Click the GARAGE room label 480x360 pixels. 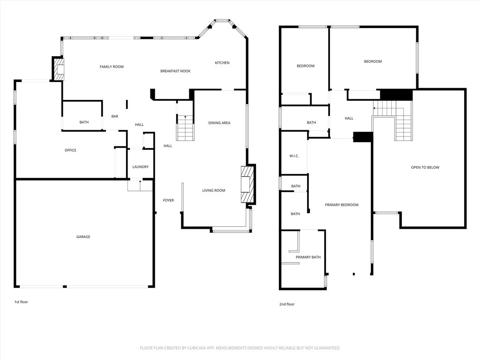(x=83, y=237)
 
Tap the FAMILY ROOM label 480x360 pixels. (x=112, y=67)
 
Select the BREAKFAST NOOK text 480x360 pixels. (x=175, y=71)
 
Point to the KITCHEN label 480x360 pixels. (x=222, y=63)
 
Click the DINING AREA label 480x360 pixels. (x=219, y=123)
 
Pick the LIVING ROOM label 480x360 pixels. (x=214, y=190)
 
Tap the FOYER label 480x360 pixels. (x=168, y=200)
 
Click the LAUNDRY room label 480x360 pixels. (x=141, y=167)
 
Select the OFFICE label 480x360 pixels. (x=70, y=150)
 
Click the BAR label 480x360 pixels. (x=115, y=116)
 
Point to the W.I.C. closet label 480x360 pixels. (x=294, y=156)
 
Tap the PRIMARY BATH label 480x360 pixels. (x=308, y=257)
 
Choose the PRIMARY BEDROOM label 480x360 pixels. (x=342, y=205)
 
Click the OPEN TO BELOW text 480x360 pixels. (x=425, y=167)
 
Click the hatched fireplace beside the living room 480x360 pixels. (x=247, y=184)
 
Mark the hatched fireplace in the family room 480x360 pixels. (x=60, y=69)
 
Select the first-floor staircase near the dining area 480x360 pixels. (x=185, y=127)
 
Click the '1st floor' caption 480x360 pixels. (x=21, y=302)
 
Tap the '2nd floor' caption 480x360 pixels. (x=287, y=304)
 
